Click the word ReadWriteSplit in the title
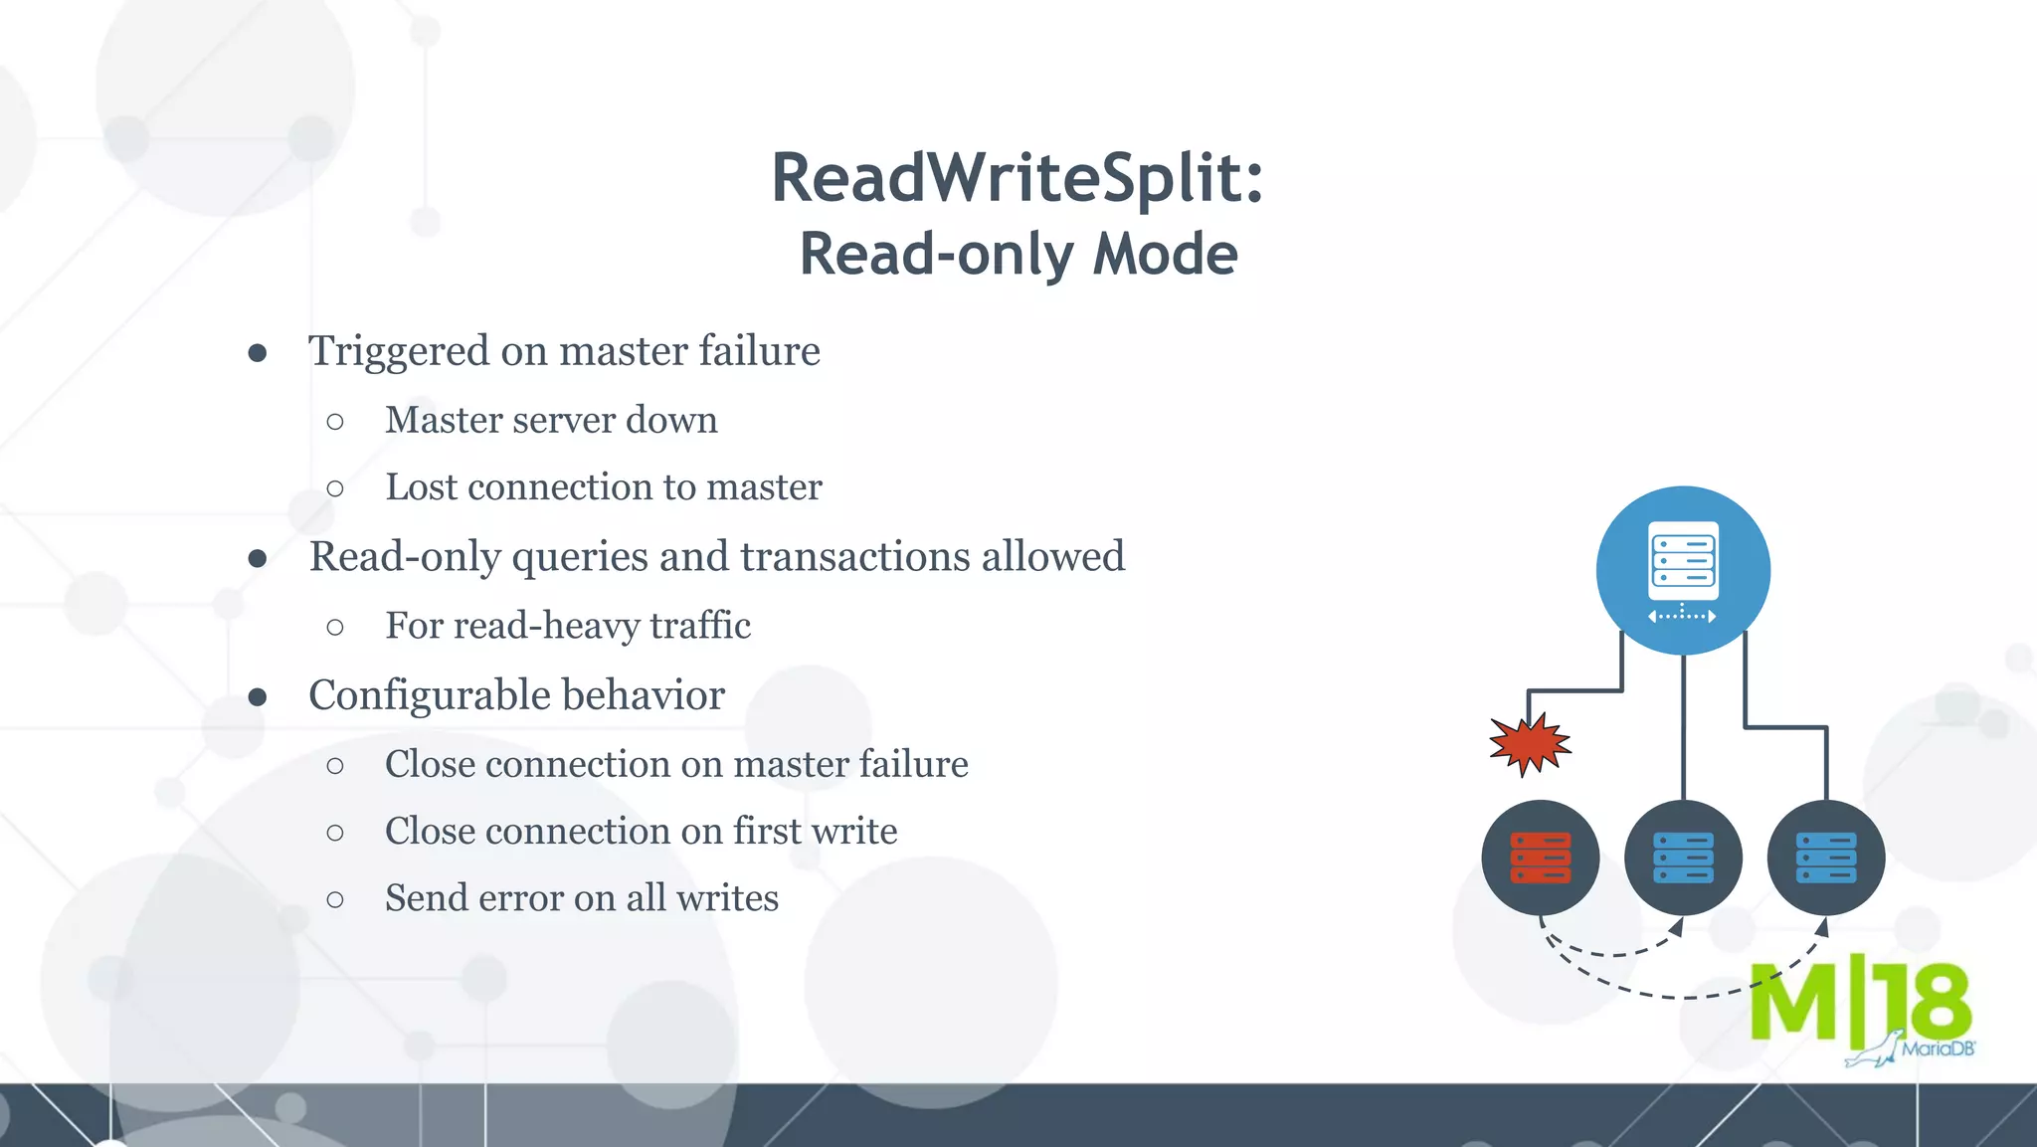coord(1005,179)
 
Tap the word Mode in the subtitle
coord(1165,255)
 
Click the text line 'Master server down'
coord(551,421)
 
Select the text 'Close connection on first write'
coord(641,832)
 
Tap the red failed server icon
coord(1540,858)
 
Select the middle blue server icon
coord(1683,858)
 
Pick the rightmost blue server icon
coord(1826,858)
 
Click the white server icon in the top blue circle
coord(1683,561)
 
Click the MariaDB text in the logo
coord(1938,1049)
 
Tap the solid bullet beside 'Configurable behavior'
coord(258,697)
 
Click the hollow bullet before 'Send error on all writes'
coord(335,900)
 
